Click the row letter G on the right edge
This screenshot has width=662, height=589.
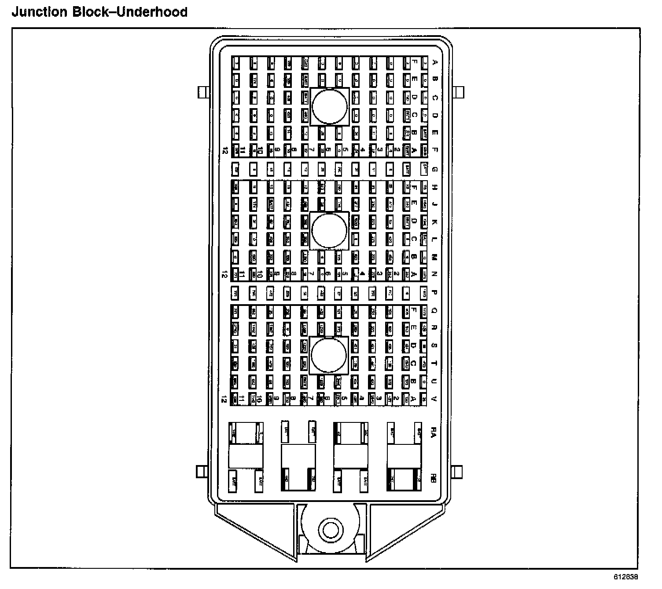tap(434, 169)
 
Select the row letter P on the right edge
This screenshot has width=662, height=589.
tap(434, 292)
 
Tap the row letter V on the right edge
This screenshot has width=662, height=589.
tap(434, 399)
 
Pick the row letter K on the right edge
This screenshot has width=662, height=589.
tap(434, 222)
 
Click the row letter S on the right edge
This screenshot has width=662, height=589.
tap(434, 345)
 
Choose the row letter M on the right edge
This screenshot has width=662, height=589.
tap(434, 257)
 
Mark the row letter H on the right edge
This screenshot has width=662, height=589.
tap(434, 187)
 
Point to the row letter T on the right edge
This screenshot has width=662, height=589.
tap(434, 363)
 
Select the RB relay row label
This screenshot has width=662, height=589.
tap(434, 479)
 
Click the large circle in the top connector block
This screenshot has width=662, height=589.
tap(330, 106)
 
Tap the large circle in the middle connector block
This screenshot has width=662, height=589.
tap(329, 230)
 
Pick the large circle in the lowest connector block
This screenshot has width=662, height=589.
tap(329, 355)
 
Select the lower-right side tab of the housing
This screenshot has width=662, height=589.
tap(458, 472)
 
